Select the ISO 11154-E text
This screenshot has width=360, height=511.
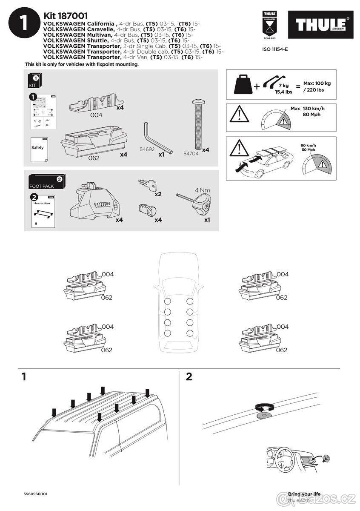click(275, 49)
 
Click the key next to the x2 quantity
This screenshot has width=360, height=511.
click(147, 185)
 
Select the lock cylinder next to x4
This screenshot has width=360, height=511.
click(147, 211)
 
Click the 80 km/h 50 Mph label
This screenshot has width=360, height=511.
click(309, 147)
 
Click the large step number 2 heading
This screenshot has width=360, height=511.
click(189, 376)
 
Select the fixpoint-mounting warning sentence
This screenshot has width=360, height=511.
click(82, 64)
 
